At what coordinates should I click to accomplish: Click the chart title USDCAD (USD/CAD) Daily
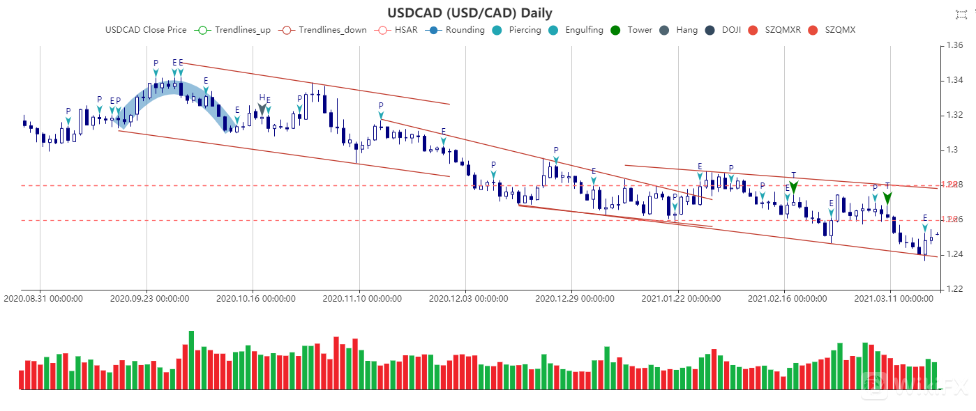470,13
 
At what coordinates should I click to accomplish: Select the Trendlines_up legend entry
234,30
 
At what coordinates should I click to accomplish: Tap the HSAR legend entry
397,30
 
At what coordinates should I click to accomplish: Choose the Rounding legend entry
457,30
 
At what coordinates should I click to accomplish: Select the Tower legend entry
631,30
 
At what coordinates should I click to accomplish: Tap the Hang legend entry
678,30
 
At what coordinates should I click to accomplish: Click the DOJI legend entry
723,30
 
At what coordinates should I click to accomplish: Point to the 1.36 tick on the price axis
954,46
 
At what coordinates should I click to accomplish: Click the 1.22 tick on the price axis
954,289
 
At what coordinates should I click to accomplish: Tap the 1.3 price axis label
952,150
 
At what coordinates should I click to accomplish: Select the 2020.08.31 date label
43,299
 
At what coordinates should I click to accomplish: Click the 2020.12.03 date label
468,299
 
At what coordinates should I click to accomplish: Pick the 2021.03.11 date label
894,299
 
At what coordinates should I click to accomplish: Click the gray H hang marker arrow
262,107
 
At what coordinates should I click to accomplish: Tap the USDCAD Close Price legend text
146,30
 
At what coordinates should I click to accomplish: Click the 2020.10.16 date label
256,299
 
